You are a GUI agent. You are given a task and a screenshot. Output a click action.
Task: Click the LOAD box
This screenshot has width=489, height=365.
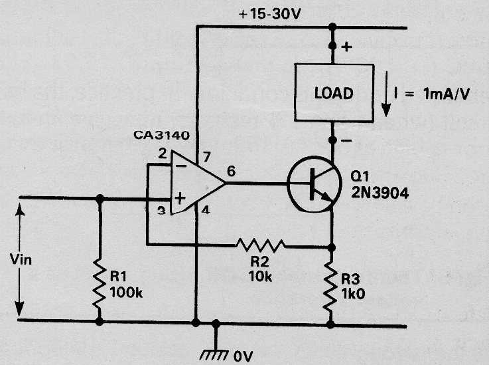click(x=334, y=92)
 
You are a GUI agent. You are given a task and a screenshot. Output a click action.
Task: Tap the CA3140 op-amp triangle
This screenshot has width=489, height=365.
click(x=198, y=183)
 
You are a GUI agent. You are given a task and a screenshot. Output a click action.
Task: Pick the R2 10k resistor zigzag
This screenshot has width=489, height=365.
click(x=260, y=245)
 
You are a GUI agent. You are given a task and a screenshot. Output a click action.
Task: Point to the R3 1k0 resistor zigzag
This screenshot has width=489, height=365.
click(x=331, y=287)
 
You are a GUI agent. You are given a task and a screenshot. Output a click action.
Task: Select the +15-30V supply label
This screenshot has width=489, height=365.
click(x=269, y=15)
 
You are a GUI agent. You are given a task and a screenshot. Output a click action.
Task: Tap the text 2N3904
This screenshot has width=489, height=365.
click(x=380, y=193)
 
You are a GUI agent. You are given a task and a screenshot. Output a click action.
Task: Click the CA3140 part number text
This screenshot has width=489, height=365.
click(x=161, y=136)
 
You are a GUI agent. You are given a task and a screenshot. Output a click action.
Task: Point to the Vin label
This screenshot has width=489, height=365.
click(x=21, y=259)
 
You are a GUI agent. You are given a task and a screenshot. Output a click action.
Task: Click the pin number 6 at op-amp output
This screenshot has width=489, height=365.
click(x=231, y=172)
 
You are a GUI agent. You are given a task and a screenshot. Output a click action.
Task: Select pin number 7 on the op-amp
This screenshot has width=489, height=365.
click(x=206, y=157)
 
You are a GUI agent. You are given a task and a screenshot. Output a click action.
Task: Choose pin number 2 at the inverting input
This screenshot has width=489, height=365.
click(x=163, y=154)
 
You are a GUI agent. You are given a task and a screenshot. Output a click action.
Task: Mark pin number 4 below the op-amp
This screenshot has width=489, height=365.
click(x=205, y=210)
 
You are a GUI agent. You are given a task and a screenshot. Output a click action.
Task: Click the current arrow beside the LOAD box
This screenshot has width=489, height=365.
click(x=386, y=94)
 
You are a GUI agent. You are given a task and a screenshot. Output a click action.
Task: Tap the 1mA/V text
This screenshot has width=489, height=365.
click(x=447, y=94)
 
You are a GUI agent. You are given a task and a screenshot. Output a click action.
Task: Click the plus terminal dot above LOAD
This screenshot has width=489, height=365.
click(x=332, y=47)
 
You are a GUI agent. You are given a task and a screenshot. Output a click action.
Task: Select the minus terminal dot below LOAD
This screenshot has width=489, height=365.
click(x=332, y=140)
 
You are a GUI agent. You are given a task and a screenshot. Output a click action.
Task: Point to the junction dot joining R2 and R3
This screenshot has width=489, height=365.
click(x=332, y=247)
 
